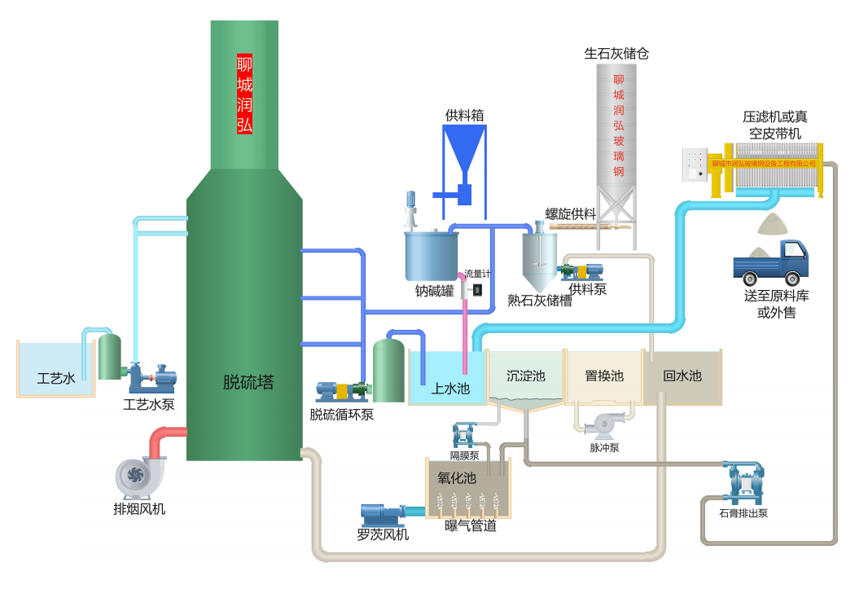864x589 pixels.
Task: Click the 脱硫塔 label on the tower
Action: pyautogui.click(x=248, y=382)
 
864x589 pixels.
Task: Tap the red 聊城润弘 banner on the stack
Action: pyautogui.click(x=244, y=94)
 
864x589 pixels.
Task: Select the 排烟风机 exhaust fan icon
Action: pyautogui.click(x=140, y=477)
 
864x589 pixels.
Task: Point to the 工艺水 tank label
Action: pyautogui.click(x=55, y=378)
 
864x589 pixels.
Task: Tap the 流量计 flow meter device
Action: pyautogui.click(x=476, y=289)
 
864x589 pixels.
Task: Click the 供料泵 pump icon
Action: pyautogui.click(x=581, y=271)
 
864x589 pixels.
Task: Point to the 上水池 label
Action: pyautogui.click(x=450, y=389)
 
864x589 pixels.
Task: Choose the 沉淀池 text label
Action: pyautogui.click(x=525, y=376)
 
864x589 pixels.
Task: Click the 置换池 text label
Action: pyautogui.click(x=603, y=376)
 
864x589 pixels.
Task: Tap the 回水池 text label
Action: pyautogui.click(x=682, y=376)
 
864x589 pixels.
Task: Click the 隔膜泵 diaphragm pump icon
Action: pyautogui.click(x=464, y=435)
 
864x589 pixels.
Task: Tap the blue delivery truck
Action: pyautogui.click(x=770, y=261)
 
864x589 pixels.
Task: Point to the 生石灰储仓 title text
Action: pyautogui.click(x=616, y=54)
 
